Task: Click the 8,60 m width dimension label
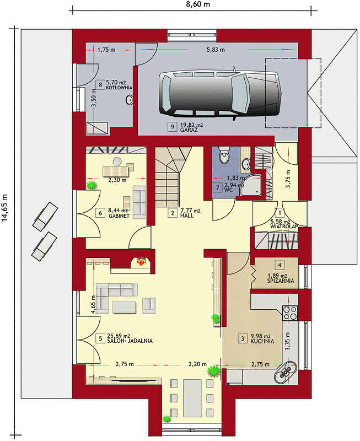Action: point(198,4)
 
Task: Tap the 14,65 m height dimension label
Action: point(6,208)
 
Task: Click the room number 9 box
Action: point(172,127)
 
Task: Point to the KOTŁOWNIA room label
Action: point(119,88)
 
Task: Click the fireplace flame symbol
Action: point(142,262)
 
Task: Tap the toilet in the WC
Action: point(224,155)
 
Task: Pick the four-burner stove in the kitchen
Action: point(290,313)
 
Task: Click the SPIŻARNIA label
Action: point(281,281)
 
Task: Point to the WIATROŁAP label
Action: point(284,227)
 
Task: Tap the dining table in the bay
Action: point(192,398)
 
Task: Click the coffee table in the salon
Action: point(124,307)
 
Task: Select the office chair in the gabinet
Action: point(117,161)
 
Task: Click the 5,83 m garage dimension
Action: point(216,50)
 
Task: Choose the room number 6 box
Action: point(100,213)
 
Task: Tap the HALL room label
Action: point(187,216)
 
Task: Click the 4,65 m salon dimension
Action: point(94,304)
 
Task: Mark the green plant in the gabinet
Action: point(92,185)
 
